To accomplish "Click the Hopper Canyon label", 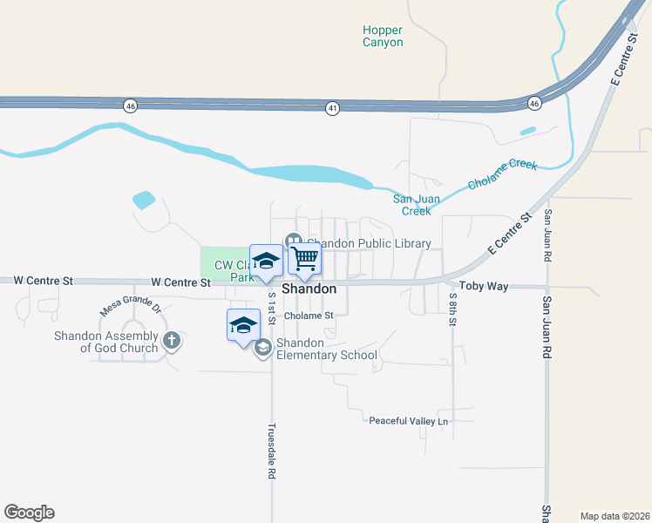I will (x=383, y=36).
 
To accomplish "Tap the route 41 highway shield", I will (x=332, y=108).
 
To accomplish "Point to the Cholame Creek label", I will (x=503, y=174).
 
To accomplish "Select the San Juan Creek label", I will (x=416, y=204).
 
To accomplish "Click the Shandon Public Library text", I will (x=369, y=243).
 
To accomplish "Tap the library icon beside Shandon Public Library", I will (x=293, y=241).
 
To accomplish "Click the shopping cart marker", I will (x=305, y=258).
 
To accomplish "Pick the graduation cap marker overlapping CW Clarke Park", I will (x=266, y=261).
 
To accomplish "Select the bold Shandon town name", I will (x=309, y=289).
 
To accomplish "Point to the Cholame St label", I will (x=309, y=316).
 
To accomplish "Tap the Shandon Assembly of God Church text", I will (x=106, y=342).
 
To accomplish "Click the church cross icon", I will (x=172, y=341).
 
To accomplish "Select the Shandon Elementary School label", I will (x=327, y=349).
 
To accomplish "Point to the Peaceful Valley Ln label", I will (x=408, y=421).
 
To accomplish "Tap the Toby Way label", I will (x=464, y=286).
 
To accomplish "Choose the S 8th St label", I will (x=453, y=309).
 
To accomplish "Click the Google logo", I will (x=29, y=513).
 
